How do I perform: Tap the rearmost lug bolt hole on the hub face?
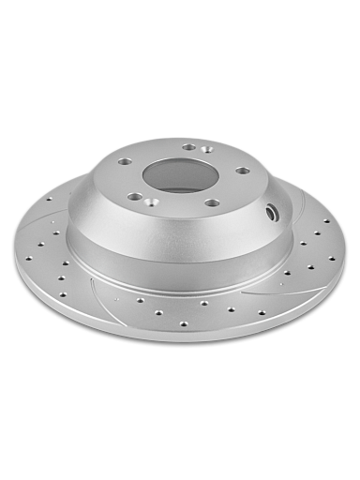click(189, 147)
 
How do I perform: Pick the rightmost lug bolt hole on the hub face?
click(243, 171)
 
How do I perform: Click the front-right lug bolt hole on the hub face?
click(212, 202)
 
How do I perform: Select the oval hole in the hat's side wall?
click(272, 213)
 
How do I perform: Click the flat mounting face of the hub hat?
click(230, 187)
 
